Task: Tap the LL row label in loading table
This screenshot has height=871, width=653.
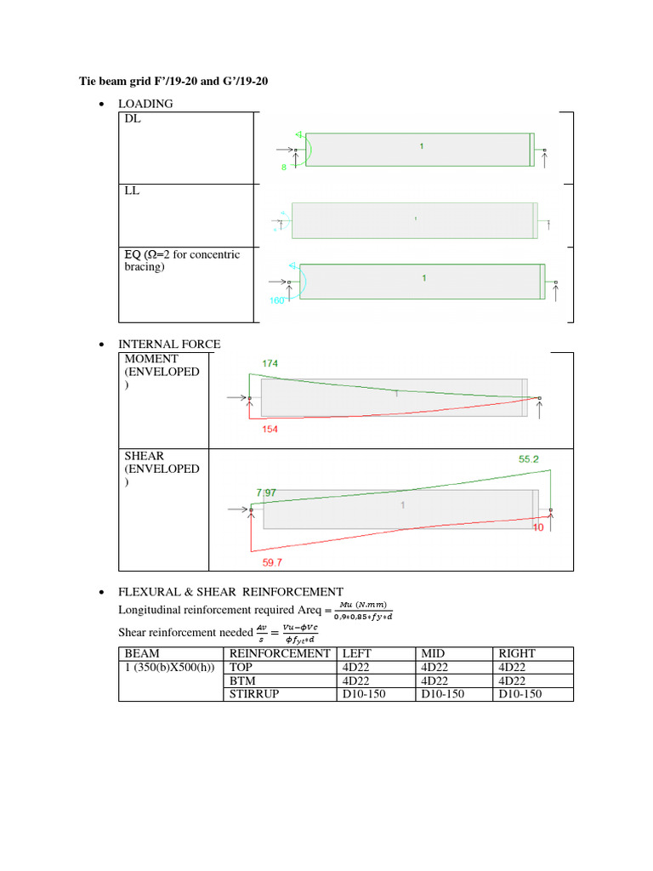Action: pyautogui.click(x=132, y=191)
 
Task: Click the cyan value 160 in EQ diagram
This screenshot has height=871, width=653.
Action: pyautogui.click(x=278, y=300)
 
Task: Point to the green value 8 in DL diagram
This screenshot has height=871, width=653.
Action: pyautogui.click(x=284, y=168)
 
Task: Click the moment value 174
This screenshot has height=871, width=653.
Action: pyautogui.click(x=270, y=363)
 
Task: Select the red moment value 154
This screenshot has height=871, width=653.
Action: pyautogui.click(x=270, y=430)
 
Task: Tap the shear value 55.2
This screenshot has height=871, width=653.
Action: pyautogui.click(x=529, y=458)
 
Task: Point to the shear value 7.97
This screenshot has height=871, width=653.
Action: pyautogui.click(x=266, y=492)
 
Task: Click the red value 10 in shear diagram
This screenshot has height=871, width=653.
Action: pyautogui.click(x=537, y=528)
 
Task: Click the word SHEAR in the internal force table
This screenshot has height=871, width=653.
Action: pyautogui.click(x=145, y=456)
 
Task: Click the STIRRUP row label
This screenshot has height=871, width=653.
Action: pyautogui.click(x=256, y=694)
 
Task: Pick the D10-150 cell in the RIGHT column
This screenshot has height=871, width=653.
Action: pyautogui.click(x=520, y=694)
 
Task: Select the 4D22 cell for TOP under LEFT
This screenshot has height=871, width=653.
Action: pyautogui.click(x=355, y=667)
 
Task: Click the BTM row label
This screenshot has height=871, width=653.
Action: pyautogui.click(x=245, y=680)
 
